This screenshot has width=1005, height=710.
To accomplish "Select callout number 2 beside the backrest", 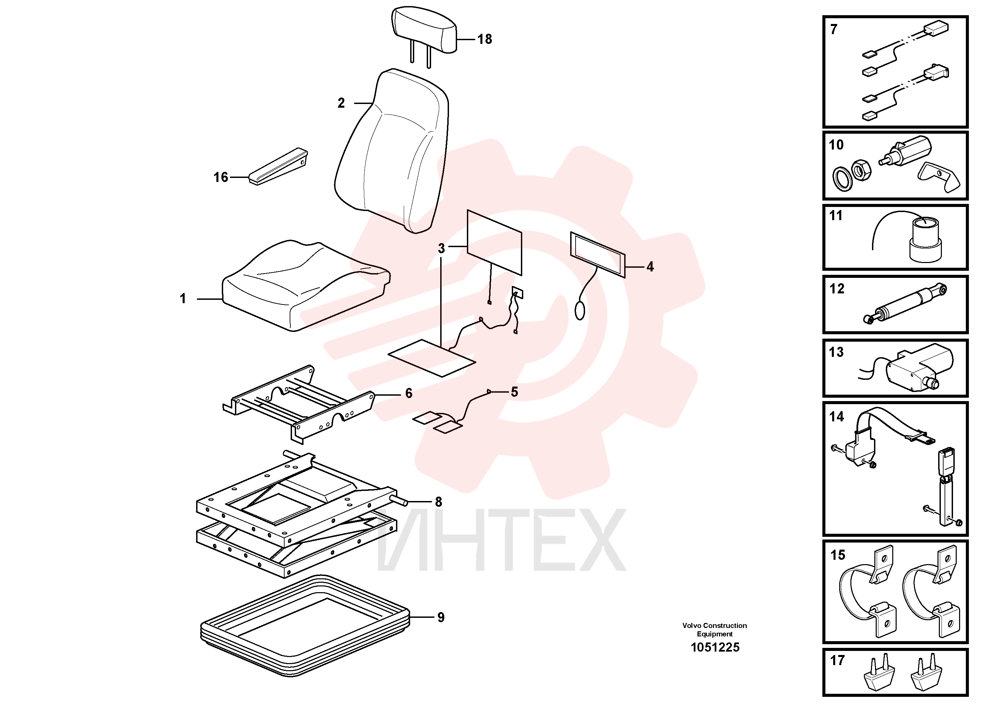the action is (341, 103).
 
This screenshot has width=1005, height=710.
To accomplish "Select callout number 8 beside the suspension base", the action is (438, 502).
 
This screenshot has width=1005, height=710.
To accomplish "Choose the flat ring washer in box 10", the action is (842, 179).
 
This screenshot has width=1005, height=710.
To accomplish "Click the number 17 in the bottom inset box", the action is (837, 660).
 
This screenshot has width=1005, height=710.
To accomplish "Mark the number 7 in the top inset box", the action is (834, 29).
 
